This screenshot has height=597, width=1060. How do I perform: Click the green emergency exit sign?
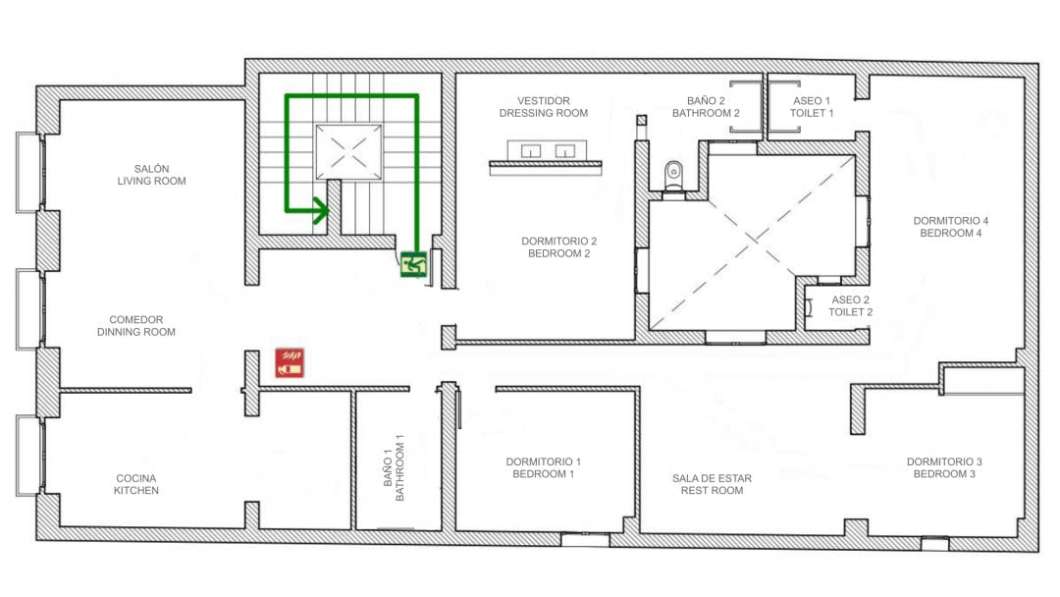point(413,264)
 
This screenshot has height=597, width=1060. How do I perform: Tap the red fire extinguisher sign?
point(290,362)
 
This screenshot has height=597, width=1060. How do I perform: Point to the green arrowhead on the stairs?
point(320,209)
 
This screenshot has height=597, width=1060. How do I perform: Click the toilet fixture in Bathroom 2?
point(673,176)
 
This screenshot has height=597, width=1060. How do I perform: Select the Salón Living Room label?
point(151,175)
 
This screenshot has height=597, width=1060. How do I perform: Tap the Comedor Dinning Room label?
point(135,325)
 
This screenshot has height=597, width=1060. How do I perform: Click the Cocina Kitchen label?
point(135,484)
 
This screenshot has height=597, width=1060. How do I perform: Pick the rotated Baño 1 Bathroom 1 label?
point(394,467)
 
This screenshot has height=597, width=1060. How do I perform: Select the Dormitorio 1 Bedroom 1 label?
point(543,467)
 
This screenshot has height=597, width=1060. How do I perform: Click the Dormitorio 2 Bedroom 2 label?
point(559,246)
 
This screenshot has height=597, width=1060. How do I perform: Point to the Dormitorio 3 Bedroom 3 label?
point(944,467)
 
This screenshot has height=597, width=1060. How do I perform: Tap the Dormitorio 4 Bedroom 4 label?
point(950,227)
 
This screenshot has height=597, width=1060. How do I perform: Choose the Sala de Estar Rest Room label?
point(712,484)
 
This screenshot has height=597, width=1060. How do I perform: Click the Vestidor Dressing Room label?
point(544,107)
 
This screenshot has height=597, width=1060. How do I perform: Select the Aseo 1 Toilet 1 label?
point(812,107)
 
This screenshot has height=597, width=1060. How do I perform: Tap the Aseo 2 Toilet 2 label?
point(850,305)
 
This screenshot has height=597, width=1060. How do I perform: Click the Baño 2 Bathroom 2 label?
point(706,107)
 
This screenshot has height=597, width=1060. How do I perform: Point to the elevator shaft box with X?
point(348,151)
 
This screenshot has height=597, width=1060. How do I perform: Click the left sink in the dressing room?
point(531,151)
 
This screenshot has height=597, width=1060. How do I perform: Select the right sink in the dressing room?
point(564,151)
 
